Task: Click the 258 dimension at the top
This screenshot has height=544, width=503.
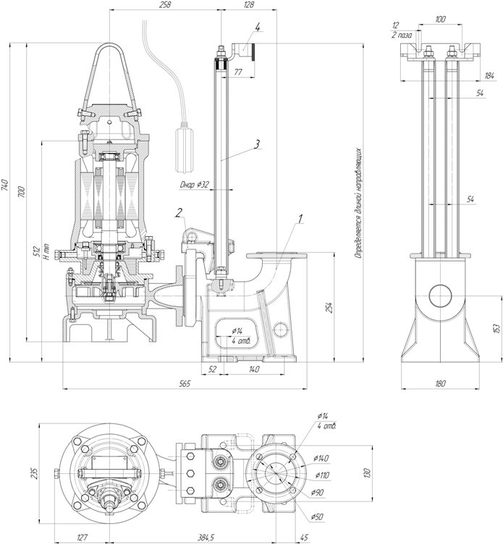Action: point(164,5)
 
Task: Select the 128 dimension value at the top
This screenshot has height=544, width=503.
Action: point(249,5)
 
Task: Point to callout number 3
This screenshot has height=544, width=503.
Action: point(256,144)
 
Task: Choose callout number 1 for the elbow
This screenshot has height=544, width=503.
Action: point(300,217)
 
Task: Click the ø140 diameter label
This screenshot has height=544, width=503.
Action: point(321,458)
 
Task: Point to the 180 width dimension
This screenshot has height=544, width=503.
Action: point(441,384)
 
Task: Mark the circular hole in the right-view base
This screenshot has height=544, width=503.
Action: point(441,295)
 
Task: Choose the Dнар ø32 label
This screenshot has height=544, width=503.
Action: point(194,185)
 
